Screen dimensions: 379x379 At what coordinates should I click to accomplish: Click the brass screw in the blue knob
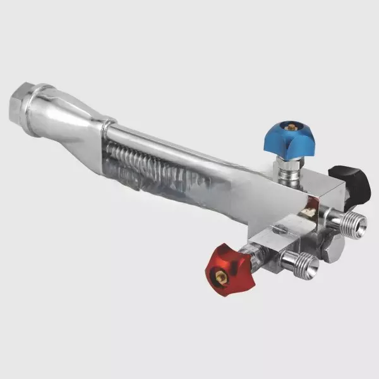point(293,127)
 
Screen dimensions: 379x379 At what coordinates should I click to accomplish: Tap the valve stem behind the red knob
point(251,255)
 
